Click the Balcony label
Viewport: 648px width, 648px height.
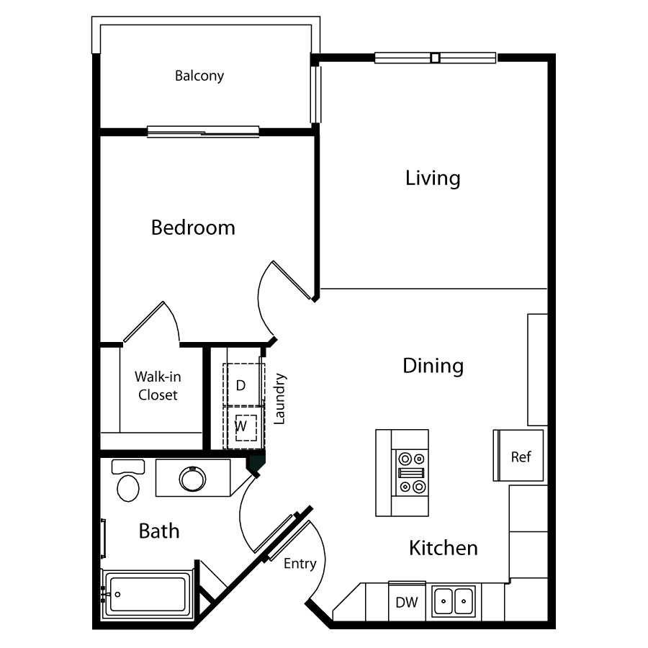[199, 76]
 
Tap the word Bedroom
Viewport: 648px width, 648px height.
[193, 228]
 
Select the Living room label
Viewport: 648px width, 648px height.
[433, 179]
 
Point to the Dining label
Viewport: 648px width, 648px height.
[433, 366]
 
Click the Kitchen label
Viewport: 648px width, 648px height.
[444, 548]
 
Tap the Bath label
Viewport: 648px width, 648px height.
[159, 531]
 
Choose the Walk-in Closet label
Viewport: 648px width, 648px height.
[158, 386]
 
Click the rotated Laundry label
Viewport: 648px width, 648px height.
[280, 399]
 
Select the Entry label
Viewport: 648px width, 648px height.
[300, 564]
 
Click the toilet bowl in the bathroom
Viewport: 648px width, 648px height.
[128, 487]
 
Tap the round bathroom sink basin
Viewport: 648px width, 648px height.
[192, 479]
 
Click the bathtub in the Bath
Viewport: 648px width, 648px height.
[148, 594]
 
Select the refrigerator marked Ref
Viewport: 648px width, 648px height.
[518, 456]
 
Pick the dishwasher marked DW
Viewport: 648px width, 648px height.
[407, 601]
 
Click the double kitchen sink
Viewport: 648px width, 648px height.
[454, 600]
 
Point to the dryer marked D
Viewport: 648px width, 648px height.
[244, 384]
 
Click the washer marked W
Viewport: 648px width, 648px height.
[244, 428]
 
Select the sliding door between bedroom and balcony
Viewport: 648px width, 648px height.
[203, 132]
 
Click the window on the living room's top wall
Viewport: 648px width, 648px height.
[435, 58]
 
